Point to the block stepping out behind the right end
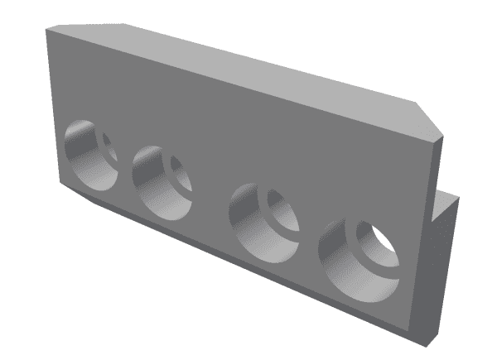[x=445, y=248]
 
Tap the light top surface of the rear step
[x=447, y=198]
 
